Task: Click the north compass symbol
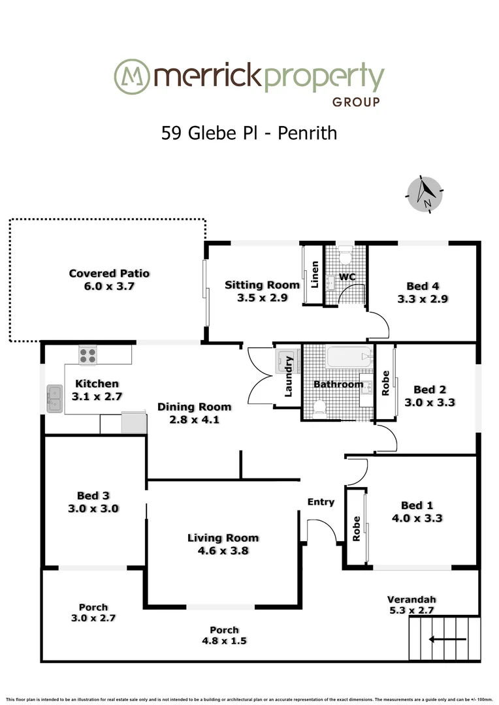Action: [426, 194]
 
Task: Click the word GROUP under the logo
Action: [356, 102]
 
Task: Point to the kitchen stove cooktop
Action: [88, 356]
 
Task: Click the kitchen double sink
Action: [54, 398]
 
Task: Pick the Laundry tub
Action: [286, 360]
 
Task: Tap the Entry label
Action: [321, 502]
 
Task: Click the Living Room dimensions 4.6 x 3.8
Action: [223, 550]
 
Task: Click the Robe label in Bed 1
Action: [357, 529]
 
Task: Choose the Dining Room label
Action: [194, 407]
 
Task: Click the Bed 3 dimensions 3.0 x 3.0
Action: [93, 509]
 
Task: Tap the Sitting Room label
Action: [262, 285]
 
